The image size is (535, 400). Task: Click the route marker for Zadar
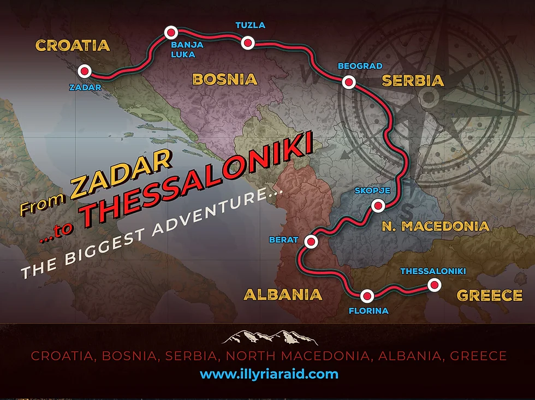85,71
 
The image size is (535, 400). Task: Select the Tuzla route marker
248,43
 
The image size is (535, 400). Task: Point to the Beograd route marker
348,82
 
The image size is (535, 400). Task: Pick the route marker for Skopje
378,206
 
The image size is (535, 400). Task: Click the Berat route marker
311,241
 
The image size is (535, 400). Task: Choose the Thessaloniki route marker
434,284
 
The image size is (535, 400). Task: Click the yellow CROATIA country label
73,45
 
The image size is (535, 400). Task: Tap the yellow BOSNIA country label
224,79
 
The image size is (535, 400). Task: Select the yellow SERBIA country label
413,81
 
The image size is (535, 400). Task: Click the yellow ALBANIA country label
282,295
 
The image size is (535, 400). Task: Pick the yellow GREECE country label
489,295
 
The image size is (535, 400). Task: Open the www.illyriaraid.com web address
269,374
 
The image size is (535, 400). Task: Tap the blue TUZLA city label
250,25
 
